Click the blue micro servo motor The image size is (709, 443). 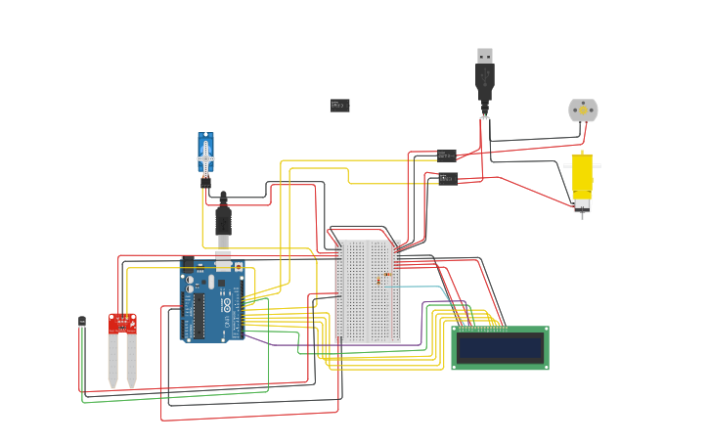[205, 155]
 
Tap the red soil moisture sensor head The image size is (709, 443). [122, 324]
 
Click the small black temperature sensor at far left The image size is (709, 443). [82, 322]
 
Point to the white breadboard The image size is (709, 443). [367, 291]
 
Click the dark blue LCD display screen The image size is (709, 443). [500, 348]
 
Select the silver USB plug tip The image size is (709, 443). [485, 56]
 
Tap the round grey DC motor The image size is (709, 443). [583, 111]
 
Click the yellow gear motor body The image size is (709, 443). [582, 177]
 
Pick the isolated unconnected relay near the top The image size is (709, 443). [339, 106]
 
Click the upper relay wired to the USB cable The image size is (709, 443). [447, 155]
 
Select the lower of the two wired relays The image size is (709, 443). [448, 178]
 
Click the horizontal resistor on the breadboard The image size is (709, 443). [387, 275]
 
